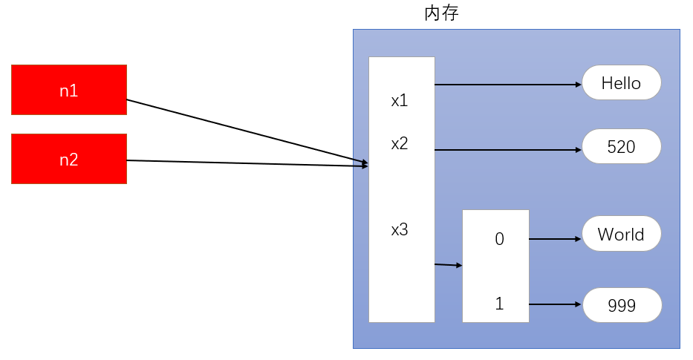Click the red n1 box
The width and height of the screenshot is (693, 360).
[x=68, y=90]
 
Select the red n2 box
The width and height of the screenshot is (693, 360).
[x=68, y=159]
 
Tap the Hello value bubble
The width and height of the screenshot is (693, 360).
[x=621, y=82]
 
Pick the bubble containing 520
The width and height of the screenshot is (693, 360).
[x=621, y=147]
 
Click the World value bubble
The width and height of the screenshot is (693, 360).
[x=621, y=235]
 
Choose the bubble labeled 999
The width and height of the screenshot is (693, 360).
[x=621, y=305]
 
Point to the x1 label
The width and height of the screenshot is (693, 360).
[x=400, y=100]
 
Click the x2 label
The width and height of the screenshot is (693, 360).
[x=400, y=144]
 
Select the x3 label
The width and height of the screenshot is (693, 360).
[x=400, y=230]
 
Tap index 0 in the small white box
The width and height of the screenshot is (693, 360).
[x=499, y=239]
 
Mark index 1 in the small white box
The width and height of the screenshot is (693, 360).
[x=499, y=304]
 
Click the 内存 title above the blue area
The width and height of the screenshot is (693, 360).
[x=441, y=13]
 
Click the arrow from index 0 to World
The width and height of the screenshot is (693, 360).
[x=554, y=239]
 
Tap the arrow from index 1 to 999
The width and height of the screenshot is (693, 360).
[x=554, y=304]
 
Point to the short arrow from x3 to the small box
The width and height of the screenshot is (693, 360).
[x=448, y=264]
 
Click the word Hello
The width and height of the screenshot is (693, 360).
[x=621, y=82]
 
